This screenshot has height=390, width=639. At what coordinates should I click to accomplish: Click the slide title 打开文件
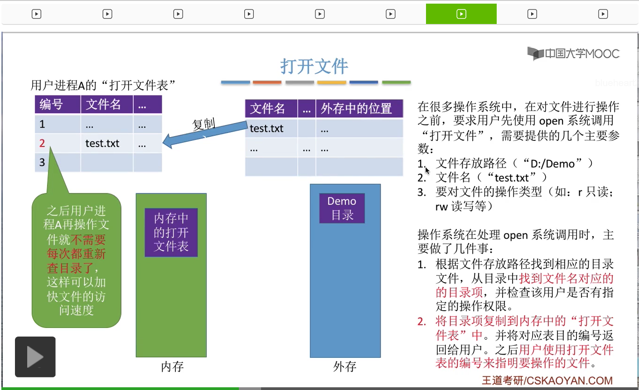314,67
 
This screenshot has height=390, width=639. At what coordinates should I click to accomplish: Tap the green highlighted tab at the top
461,14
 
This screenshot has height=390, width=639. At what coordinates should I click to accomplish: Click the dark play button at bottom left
35,357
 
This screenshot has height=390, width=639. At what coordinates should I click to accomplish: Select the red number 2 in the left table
42,143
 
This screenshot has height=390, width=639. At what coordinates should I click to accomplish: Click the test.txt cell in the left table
102,144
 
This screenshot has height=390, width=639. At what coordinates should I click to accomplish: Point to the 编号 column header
52,105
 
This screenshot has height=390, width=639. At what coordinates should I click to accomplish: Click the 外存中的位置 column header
356,109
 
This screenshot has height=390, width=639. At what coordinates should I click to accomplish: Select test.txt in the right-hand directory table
266,129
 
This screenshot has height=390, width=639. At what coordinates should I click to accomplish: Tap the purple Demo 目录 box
342,208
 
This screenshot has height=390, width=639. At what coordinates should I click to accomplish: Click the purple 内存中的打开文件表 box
171,232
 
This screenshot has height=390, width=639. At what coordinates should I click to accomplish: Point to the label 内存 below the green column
172,366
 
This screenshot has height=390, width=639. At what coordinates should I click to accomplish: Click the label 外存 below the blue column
345,366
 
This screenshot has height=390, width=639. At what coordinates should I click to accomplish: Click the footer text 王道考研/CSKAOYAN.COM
547,380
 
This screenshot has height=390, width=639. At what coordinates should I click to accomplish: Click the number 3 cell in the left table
42,162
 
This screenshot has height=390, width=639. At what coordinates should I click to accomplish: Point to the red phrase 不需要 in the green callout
89,240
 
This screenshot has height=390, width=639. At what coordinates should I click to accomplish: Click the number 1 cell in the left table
42,124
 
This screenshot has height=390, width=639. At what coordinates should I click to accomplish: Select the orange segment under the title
267,82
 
